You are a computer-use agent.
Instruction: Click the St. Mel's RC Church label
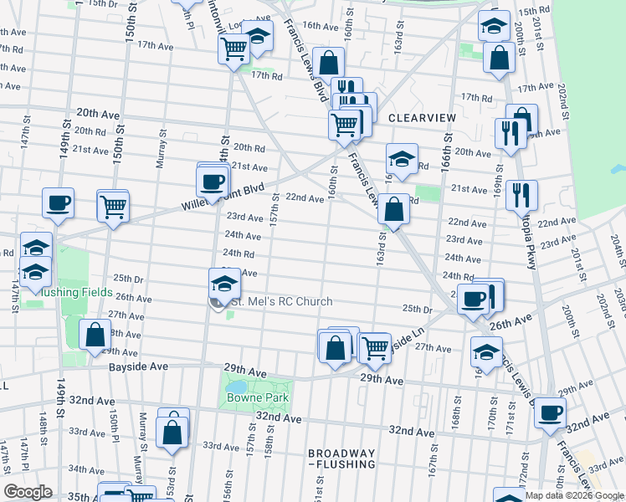point(281,302)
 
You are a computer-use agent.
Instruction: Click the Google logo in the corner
point(28,492)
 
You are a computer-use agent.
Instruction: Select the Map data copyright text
point(574,495)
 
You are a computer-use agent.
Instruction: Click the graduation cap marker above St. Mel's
point(223,282)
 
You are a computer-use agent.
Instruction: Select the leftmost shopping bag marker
point(95,334)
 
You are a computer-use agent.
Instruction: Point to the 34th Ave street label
point(86,469)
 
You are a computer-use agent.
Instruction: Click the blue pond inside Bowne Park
point(239,387)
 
